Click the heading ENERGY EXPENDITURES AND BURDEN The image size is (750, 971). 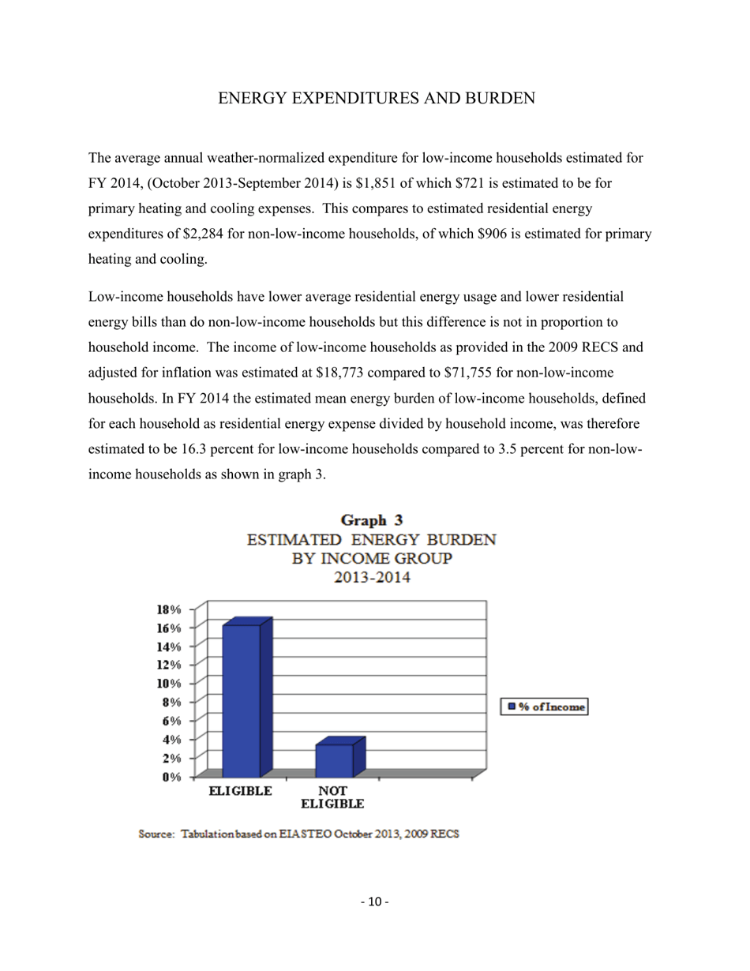377,99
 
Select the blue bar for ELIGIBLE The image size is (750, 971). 242,700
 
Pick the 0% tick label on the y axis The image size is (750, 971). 170,777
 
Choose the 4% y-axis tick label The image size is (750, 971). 170,740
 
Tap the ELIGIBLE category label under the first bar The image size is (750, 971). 240,790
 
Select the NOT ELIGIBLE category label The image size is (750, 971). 332,797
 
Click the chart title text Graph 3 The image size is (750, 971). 371,520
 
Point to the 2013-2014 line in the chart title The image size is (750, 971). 371,577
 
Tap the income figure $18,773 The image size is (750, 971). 341,372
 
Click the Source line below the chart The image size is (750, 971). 298,834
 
